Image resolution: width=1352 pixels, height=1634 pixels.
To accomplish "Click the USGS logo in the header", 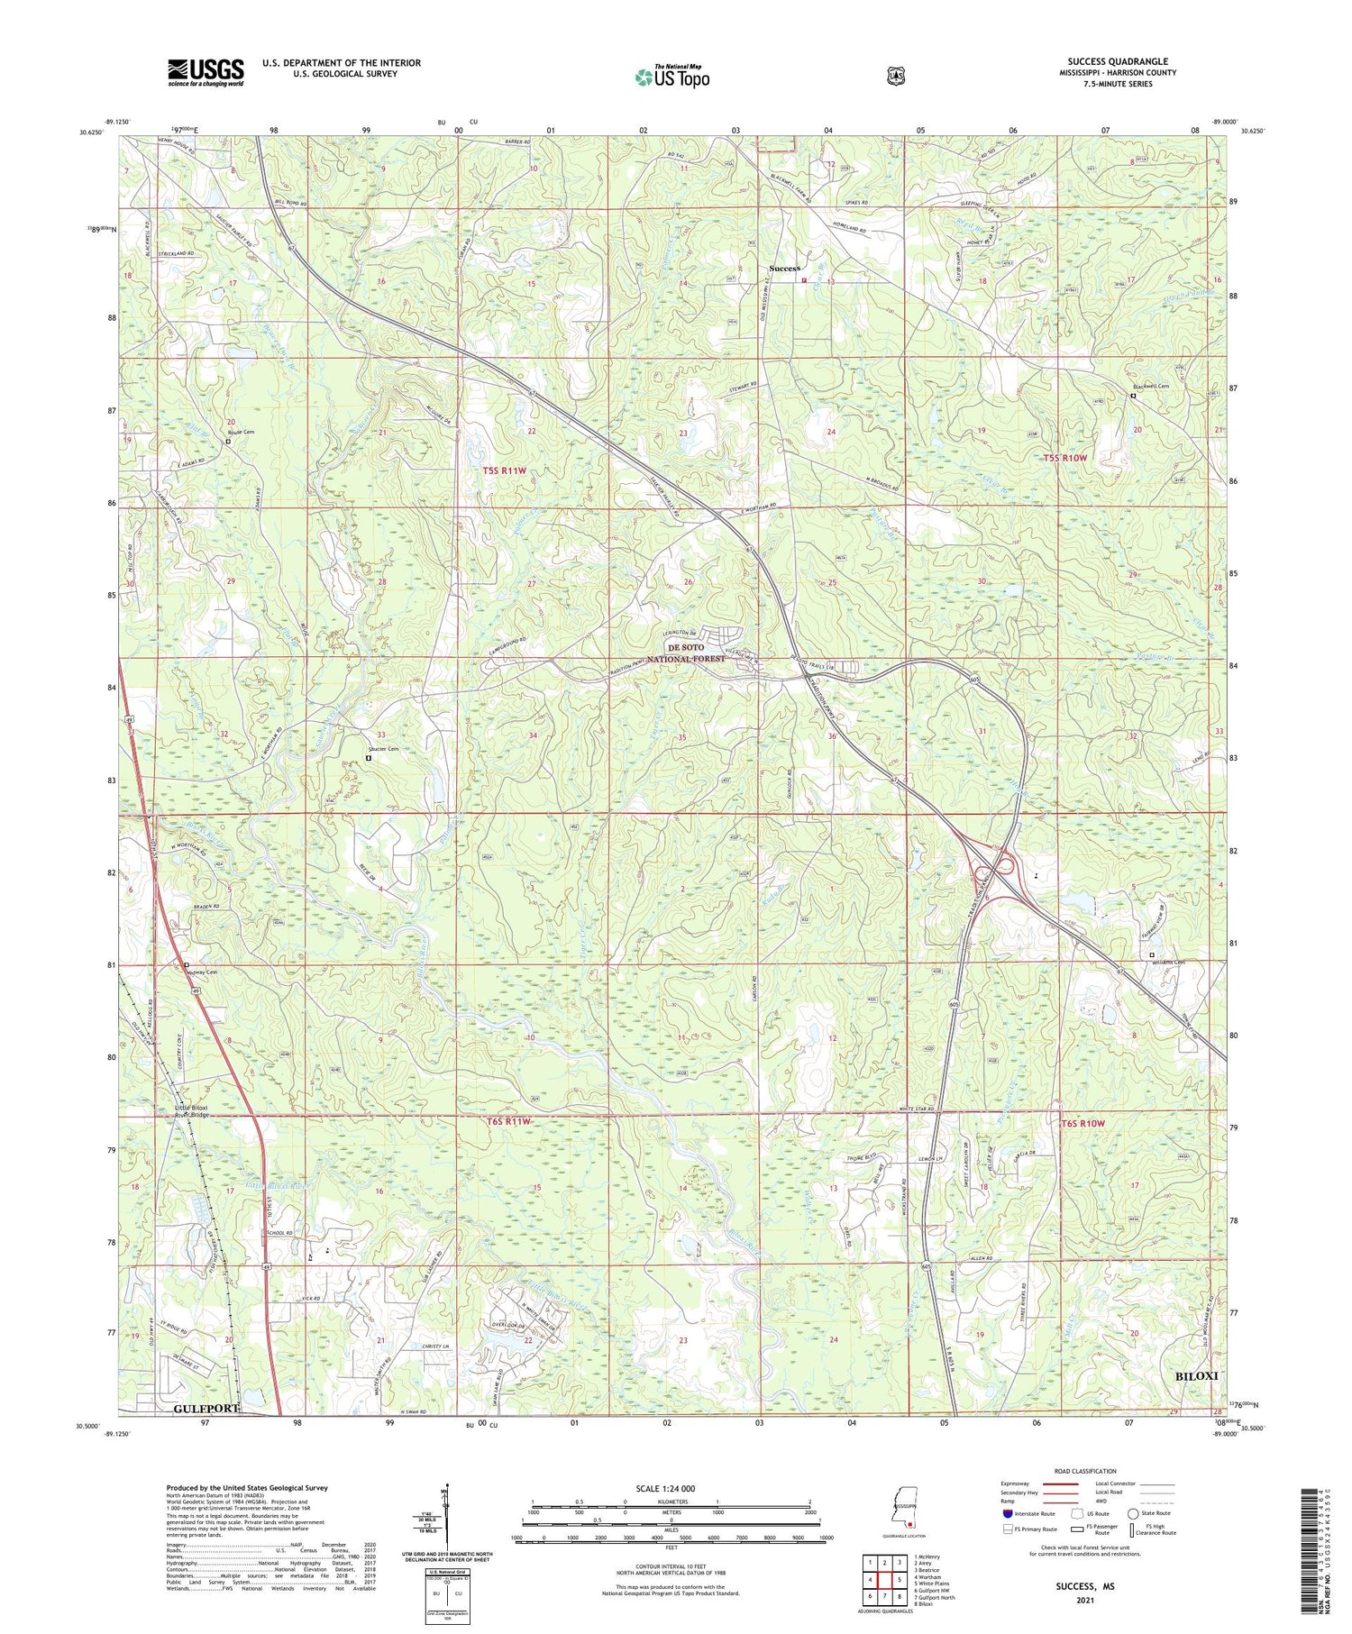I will pos(206,72).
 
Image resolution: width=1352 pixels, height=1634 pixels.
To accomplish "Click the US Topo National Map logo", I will pos(671,77).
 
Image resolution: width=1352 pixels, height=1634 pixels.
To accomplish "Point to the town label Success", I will pos(784,269).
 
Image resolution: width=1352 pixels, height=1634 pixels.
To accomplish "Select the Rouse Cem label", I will pos(241,433).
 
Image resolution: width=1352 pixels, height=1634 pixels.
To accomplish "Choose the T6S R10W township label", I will pos(1082,1124).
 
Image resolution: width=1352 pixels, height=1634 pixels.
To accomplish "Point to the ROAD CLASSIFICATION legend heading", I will pos(1083,1471).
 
